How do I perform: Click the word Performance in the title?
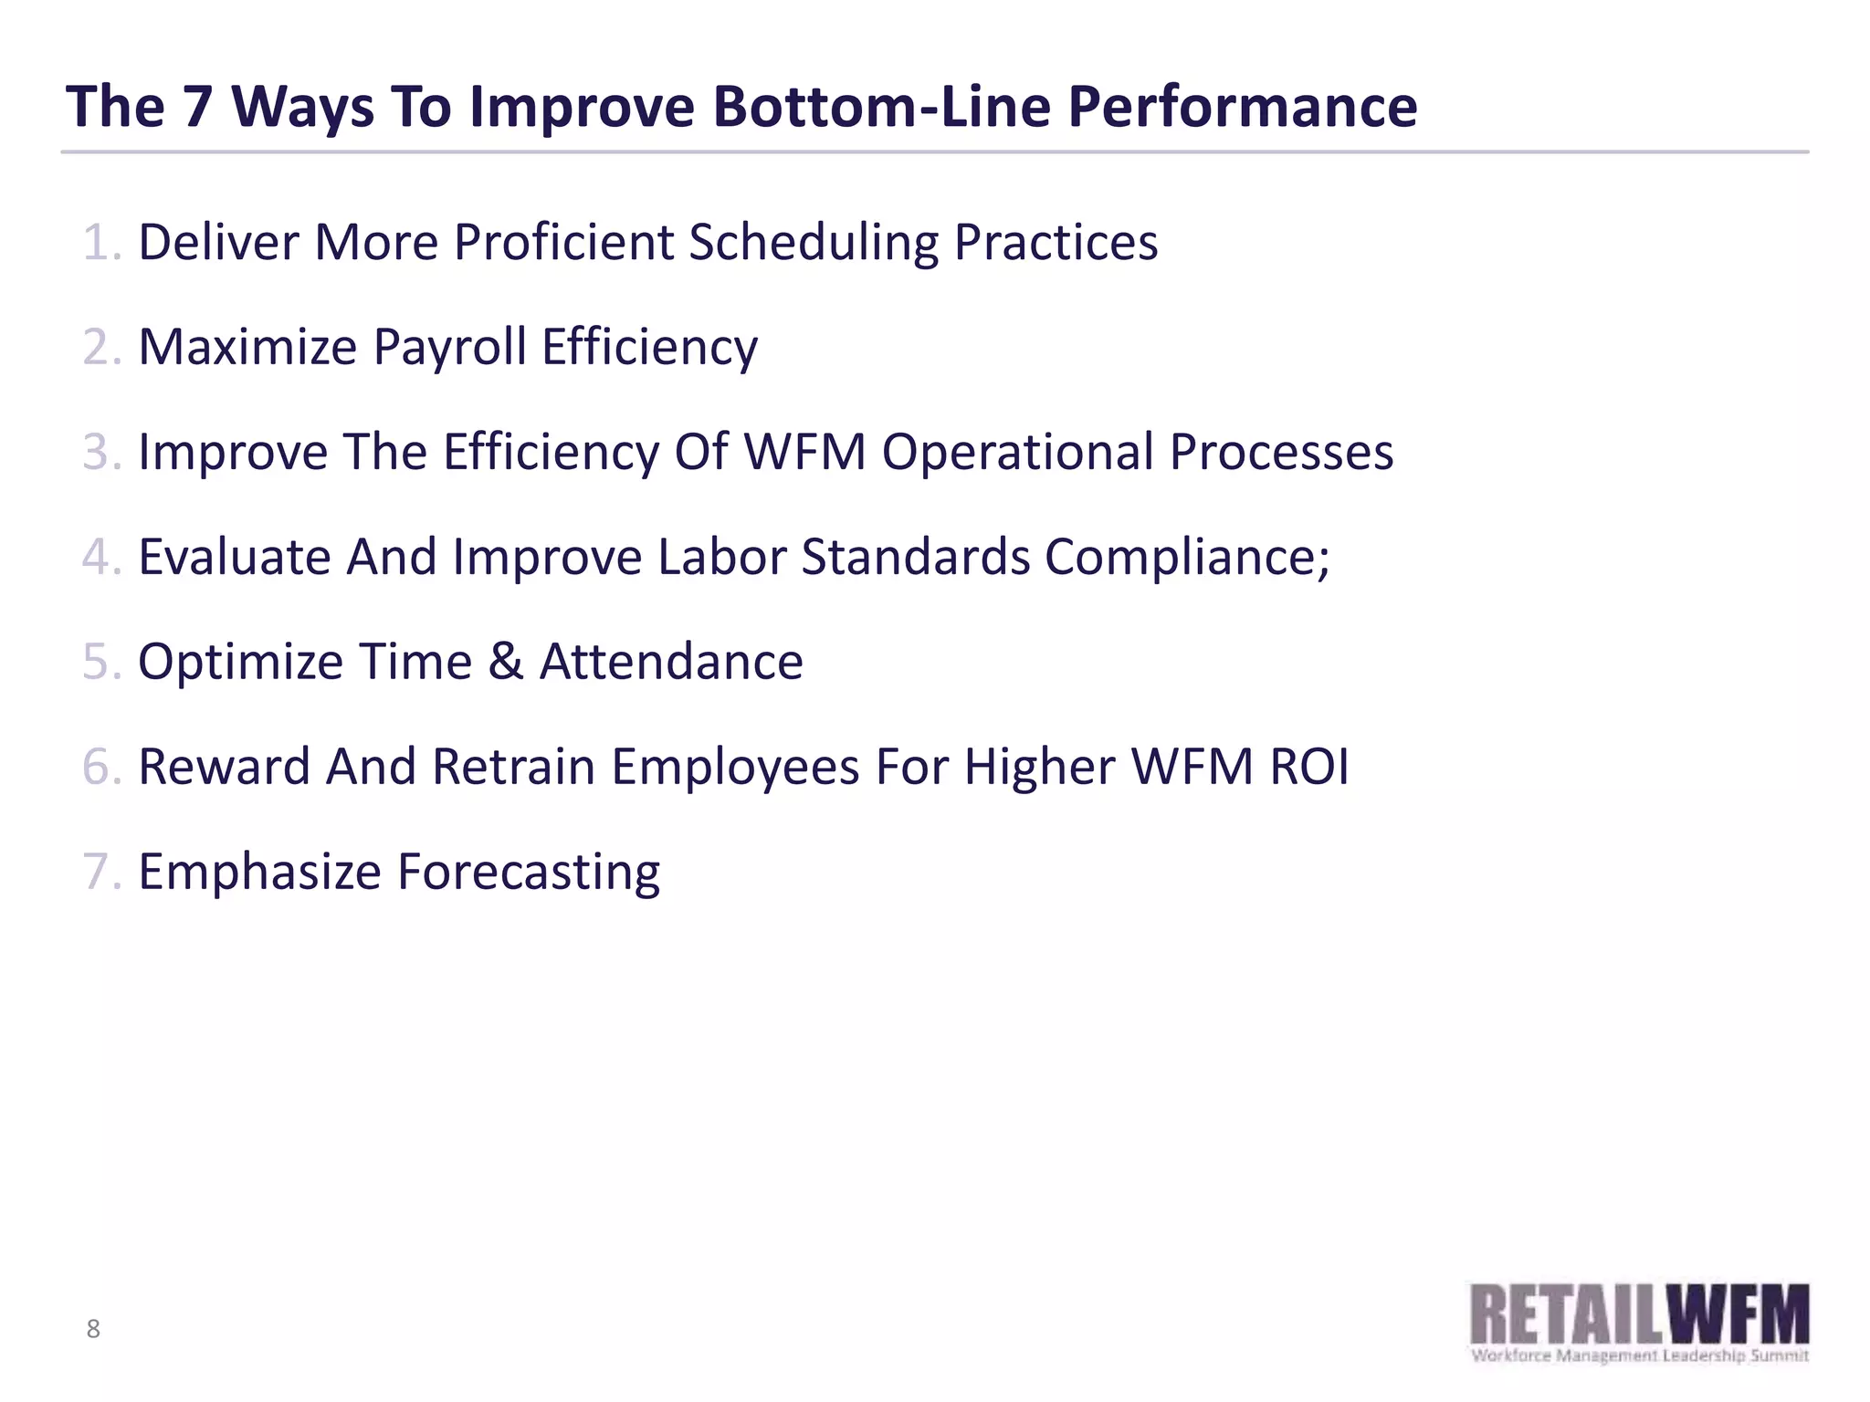pyautogui.click(x=1242, y=108)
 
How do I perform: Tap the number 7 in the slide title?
pyautogui.click(x=196, y=108)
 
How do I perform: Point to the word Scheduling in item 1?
pyautogui.click(x=814, y=245)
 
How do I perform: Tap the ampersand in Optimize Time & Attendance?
pyautogui.click(x=505, y=662)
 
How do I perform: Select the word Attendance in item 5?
pyautogui.click(x=671, y=662)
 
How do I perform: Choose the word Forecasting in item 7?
pyautogui.click(x=529, y=873)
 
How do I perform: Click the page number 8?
pyautogui.click(x=93, y=1329)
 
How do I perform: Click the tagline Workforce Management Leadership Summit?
pyautogui.click(x=1640, y=1355)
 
